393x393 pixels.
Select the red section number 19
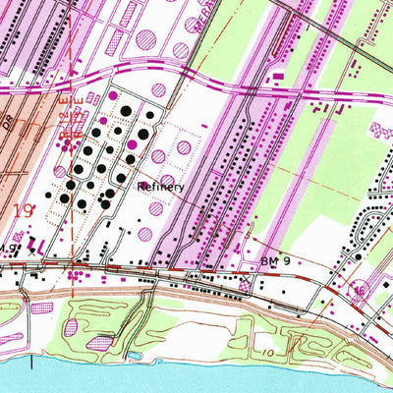click(x=27, y=209)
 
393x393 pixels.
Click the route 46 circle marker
click(x=360, y=292)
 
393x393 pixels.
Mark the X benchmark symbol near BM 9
click(x=244, y=282)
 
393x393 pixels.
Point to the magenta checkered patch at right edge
click(x=381, y=130)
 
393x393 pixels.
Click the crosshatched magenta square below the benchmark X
click(x=243, y=294)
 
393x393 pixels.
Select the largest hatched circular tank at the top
click(x=146, y=38)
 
